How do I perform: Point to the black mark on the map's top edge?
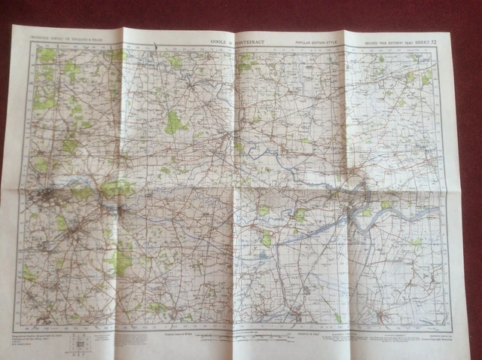154,48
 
